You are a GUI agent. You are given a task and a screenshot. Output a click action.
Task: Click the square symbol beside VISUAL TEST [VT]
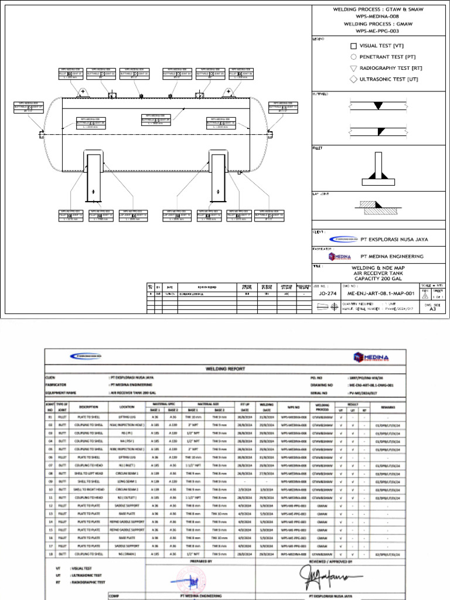coord(353,46)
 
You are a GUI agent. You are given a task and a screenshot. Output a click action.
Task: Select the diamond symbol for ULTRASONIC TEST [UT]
coord(353,79)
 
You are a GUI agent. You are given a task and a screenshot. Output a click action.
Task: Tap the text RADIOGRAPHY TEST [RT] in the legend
coord(390,68)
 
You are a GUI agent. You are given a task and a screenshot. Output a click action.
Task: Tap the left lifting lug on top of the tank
coord(83,93)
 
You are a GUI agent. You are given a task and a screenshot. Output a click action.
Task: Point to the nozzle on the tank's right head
coord(272,134)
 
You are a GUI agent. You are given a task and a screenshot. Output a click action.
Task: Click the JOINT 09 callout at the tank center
coord(156,120)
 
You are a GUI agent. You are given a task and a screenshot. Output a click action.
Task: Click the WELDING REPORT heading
coord(225,369)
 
